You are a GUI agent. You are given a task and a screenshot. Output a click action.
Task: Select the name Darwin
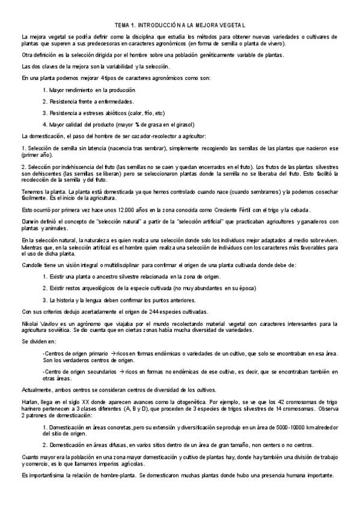[x=29, y=221]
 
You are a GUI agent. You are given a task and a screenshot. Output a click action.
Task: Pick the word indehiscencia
[x=73, y=165]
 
